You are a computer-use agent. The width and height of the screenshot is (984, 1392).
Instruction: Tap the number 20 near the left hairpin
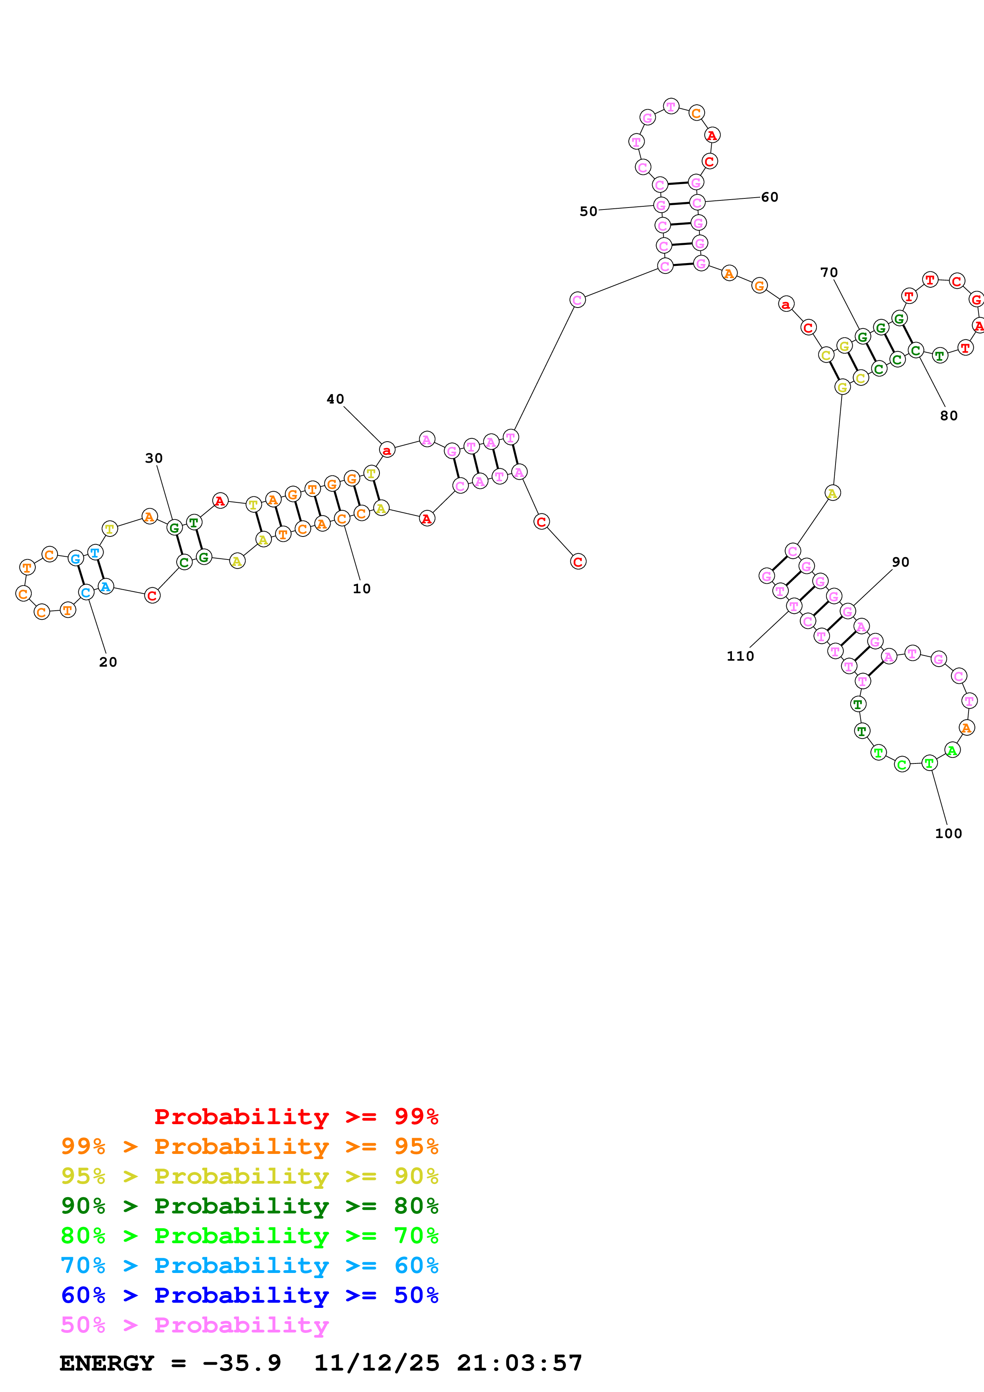click(108, 662)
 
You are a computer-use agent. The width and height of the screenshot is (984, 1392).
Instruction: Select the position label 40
click(335, 399)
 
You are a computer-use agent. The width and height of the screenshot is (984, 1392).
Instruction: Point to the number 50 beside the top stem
click(588, 211)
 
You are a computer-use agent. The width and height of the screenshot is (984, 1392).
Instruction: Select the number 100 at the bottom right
click(948, 834)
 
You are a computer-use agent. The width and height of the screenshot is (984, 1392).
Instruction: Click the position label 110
click(740, 656)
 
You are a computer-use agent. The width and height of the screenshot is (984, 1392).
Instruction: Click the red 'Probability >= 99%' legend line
click(296, 1117)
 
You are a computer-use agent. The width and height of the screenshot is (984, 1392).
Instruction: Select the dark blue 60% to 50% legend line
click(249, 1295)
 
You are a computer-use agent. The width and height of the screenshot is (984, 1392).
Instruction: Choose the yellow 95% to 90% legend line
click(249, 1176)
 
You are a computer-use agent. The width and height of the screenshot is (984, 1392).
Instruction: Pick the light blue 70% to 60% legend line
click(249, 1265)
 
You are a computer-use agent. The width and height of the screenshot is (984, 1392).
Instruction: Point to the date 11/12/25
click(377, 1363)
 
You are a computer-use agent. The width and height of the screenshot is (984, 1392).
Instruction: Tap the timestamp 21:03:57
click(520, 1363)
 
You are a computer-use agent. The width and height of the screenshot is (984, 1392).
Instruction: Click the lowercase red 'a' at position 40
click(387, 450)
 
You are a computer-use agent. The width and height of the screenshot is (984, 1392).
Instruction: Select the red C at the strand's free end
click(578, 562)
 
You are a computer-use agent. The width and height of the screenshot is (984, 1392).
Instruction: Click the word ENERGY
click(107, 1363)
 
